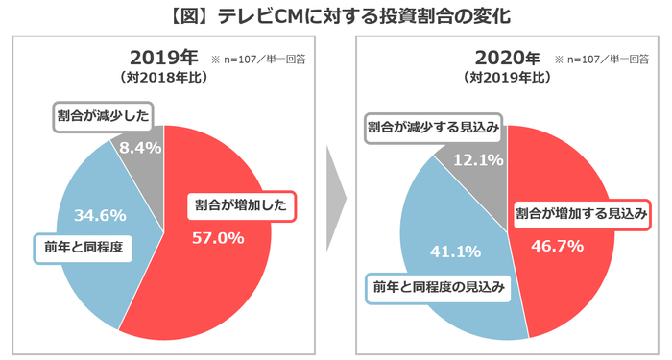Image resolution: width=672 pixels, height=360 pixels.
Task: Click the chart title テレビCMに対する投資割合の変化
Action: [336, 15]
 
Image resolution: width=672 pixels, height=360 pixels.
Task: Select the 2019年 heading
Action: [164, 56]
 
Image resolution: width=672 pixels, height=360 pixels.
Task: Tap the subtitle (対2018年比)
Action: [164, 77]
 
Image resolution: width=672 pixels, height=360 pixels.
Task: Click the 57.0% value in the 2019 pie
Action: [218, 237]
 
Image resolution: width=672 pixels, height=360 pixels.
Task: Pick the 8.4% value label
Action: [135, 147]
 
